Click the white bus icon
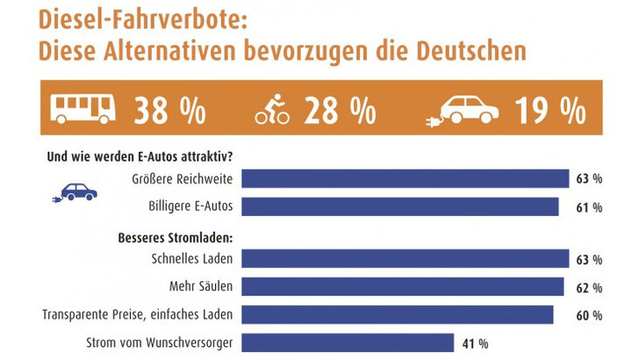tap(83, 110)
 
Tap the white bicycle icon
tap(272, 112)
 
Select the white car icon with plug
tap(463, 111)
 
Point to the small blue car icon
tap(76, 192)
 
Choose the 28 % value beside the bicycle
tap(341, 111)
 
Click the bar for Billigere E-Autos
tap(400, 206)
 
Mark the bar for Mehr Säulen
tap(403, 286)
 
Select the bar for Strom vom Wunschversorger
tap(348, 342)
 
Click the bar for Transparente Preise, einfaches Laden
tap(398, 314)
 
